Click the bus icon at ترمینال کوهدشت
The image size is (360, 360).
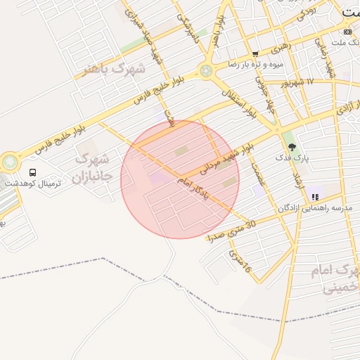pos(32,172)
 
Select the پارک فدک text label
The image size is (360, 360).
pos(292,159)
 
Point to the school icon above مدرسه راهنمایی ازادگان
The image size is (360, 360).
pos(314,197)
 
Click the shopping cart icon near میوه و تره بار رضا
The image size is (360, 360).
pos(255,53)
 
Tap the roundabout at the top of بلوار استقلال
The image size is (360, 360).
pos(205,70)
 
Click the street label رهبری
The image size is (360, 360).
pos(279,48)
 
